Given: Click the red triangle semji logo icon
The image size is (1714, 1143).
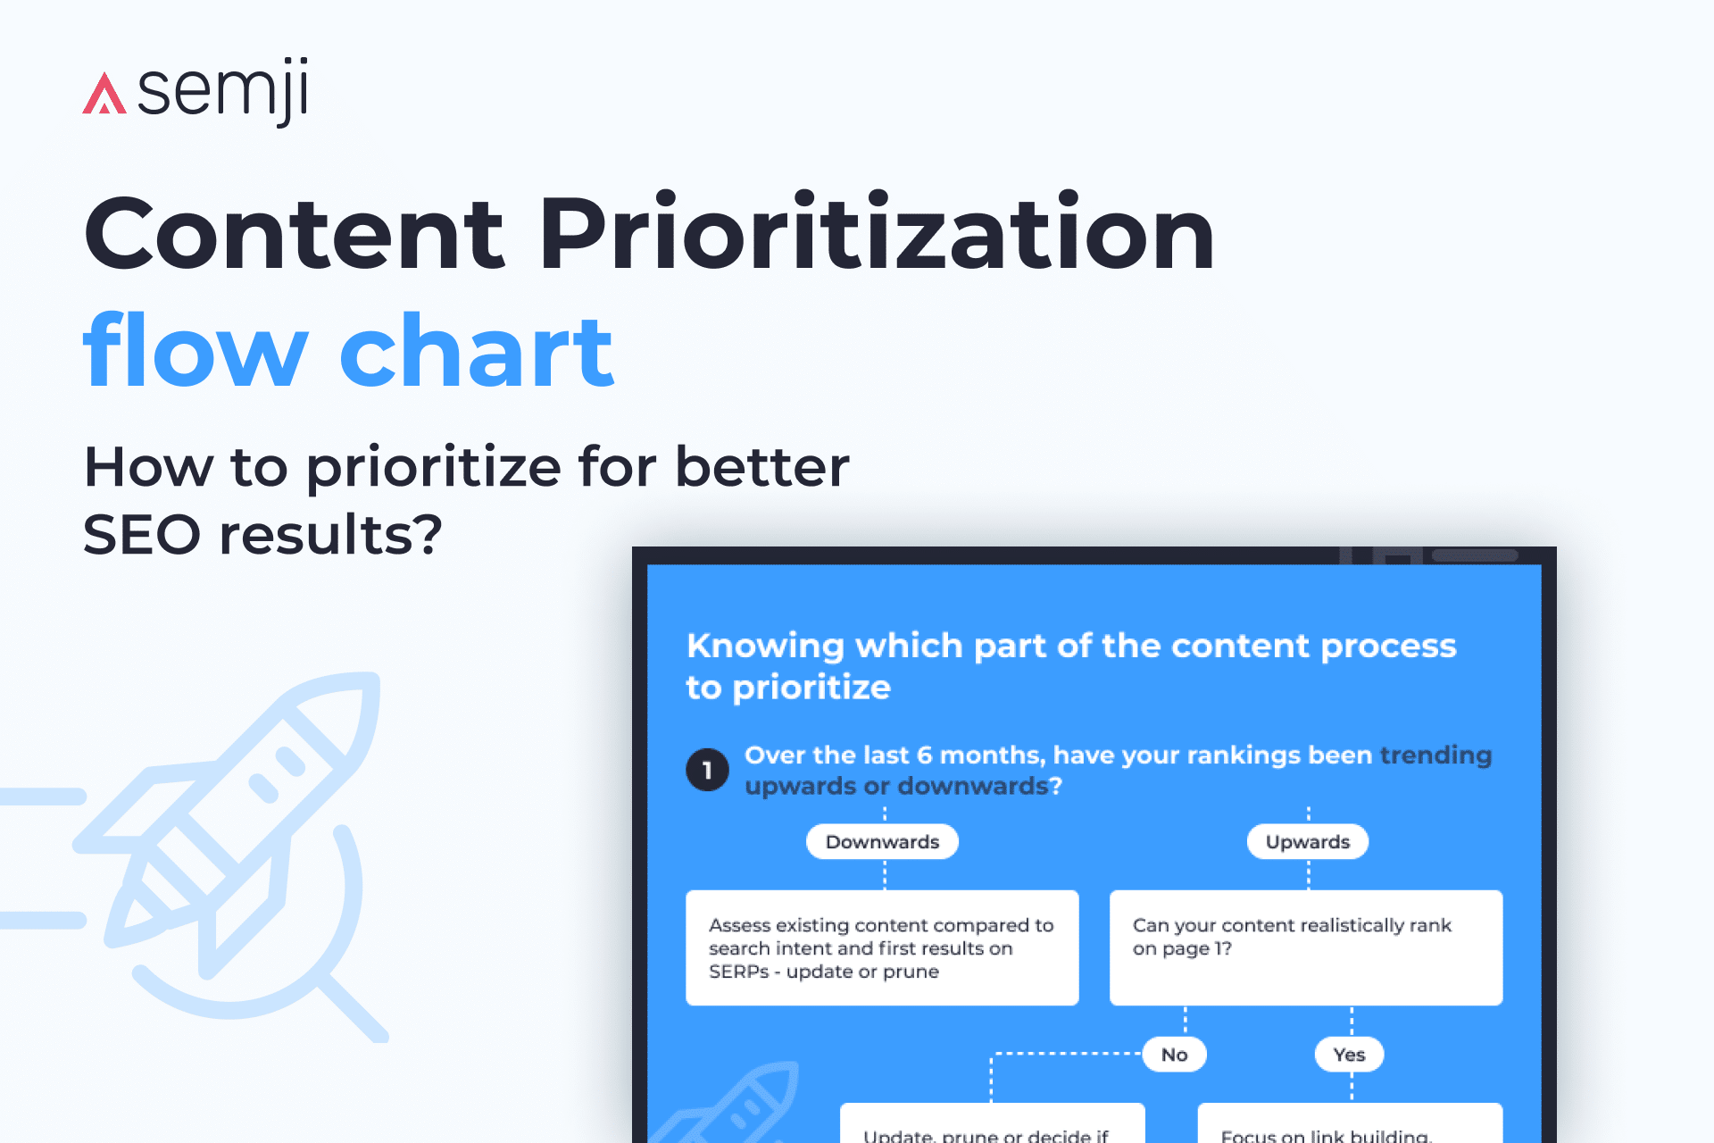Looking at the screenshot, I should pyautogui.click(x=104, y=94).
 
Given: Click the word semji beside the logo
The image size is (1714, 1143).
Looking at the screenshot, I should pyautogui.click(x=223, y=91).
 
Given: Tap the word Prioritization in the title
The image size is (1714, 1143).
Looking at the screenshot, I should pyautogui.click(x=877, y=234).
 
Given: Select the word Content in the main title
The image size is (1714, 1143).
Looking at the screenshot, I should pyautogui.click(x=295, y=234).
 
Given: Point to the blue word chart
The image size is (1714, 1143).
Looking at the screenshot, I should pyautogui.click(x=477, y=353).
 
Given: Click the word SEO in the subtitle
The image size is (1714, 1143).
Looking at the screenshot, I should pyautogui.click(x=142, y=535).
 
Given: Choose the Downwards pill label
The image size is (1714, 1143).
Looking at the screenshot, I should pyautogui.click(x=882, y=842).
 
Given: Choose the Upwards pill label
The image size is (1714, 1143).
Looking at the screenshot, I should pyautogui.click(x=1307, y=842).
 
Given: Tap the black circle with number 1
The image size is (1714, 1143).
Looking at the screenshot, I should pyautogui.click(x=707, y=770).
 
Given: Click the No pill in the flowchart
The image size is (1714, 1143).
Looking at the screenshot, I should pyautogui.click(x=1174, y=1055).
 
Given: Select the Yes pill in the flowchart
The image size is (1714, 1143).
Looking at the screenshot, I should pyautogui.click(x=1349, y=1055).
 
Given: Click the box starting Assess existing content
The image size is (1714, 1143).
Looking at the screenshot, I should pyautogui.click(x=882, y=947).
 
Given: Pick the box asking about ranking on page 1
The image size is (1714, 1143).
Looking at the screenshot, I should pyautogui.click(x=1305, y=947).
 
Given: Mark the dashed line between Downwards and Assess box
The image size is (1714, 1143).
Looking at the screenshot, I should pyautogui.click(x=885, y=874).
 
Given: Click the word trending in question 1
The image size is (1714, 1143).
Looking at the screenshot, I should pyautogui.click(x=1435, y=755).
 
